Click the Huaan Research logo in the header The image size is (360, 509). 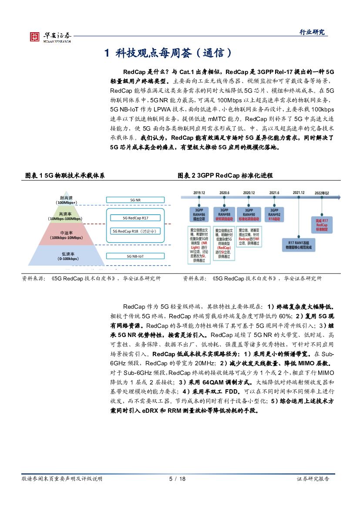(x=50, y=37)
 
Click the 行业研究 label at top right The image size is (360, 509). (x=312, y=32)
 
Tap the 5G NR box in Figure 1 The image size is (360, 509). (x=135, y=200)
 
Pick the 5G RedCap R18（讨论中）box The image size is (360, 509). (x=136, y=231)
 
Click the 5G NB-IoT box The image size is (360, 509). (x=135, y=256)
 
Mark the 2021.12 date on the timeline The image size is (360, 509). (x=299, y=192)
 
